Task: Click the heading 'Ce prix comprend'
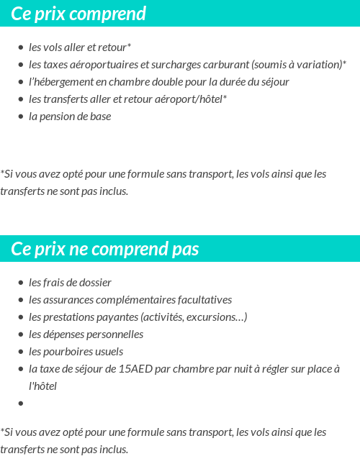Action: [78, 14]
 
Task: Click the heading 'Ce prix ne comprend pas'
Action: [105, 249]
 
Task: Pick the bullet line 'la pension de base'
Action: [70, 116]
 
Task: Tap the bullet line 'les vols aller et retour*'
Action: [80, 47]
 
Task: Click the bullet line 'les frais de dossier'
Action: [70, 282]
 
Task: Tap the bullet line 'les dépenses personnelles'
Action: [86, 334]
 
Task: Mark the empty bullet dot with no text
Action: [21, 403]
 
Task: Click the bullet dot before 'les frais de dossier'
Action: [21, 283]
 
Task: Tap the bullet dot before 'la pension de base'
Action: [21, 117]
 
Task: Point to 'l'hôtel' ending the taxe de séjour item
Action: [42, 386]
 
